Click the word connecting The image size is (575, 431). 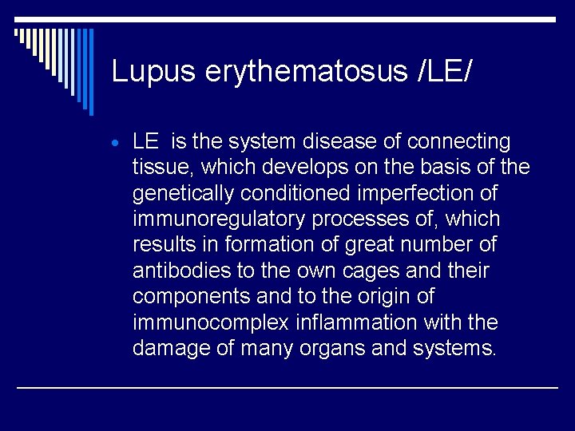tap(458, 142)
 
